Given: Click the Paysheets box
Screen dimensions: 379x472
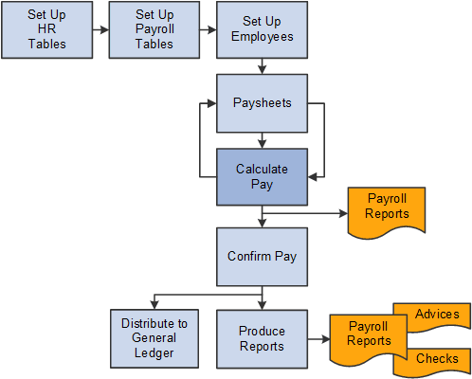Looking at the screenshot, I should click(261, 100).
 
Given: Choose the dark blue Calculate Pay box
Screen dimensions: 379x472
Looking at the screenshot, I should click(261, 177).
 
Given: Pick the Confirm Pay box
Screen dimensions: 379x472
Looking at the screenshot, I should click(261, 257).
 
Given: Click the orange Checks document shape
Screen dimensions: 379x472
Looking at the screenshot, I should click(435, 358).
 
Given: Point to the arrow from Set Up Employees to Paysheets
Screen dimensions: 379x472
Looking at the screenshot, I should click(261, 65).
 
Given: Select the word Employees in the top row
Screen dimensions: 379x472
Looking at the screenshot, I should click(261, 39).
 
